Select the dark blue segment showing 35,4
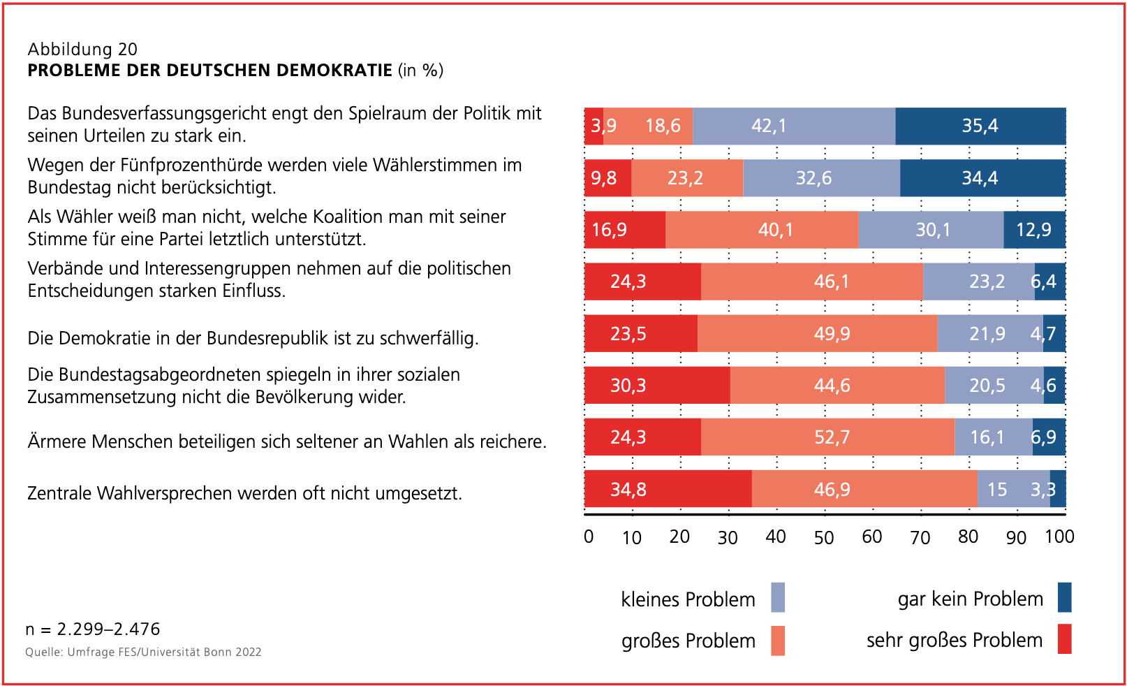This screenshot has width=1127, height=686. click(980, 126)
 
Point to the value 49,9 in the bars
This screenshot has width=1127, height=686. click(832, 334)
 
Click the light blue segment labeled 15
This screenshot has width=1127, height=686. click(997, 489)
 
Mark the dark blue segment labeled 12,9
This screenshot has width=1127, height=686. click(1034, 230)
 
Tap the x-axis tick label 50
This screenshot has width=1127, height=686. click(824, 537)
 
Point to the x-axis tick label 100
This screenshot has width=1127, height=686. click(1059, 537)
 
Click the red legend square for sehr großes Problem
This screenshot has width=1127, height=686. click(1064, 638)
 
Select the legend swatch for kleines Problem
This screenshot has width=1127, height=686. click(778, 597)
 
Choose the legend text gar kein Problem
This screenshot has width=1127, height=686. click(970, 599)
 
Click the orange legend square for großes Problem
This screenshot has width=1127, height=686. click(778, 640)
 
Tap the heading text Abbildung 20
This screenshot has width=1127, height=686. click(82, 49)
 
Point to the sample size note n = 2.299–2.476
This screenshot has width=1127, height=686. click(93, 629)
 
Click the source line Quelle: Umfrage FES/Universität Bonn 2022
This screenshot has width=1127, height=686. click(143, 652)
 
